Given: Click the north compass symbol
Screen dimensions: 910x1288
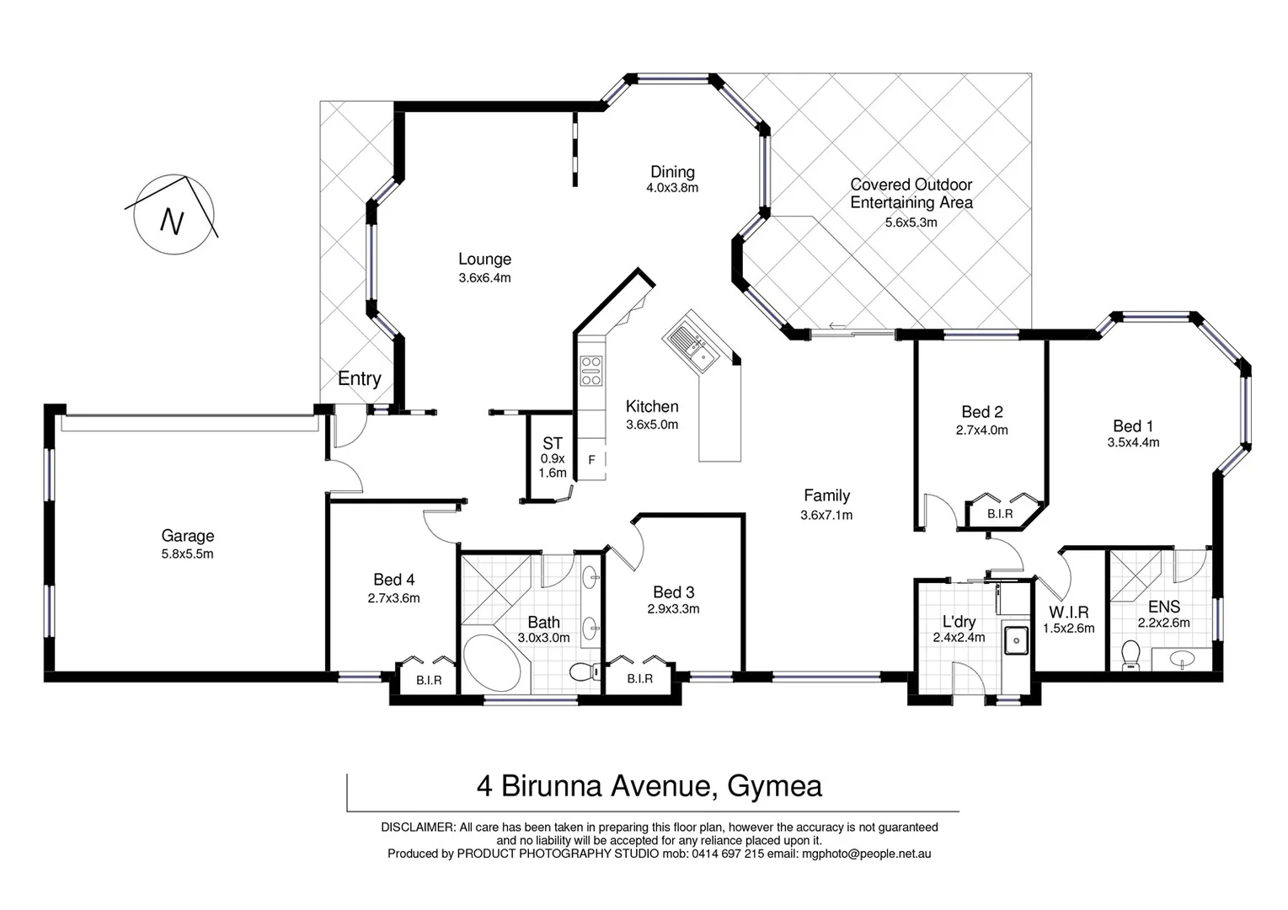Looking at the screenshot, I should [x=174, y=216].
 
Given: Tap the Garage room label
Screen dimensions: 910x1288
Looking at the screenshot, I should [x=187, y=536].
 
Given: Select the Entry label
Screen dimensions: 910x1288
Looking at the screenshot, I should [x=359, y=379].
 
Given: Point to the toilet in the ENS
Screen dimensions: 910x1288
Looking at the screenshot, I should [x=1130, y=655].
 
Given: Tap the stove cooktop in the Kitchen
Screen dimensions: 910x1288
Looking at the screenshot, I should [x=591, y=371].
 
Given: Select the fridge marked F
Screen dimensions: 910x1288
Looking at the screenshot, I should [x=592, y=460].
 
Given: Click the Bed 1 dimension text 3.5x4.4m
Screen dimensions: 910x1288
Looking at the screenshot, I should [x=1133, y=442].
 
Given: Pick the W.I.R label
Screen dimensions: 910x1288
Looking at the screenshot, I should [x=1069, y=613].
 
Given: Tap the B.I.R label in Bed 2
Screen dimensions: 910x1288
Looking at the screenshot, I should [x=1000, y=514].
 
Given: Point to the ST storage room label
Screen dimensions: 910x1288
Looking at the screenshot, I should [x=553, y=443].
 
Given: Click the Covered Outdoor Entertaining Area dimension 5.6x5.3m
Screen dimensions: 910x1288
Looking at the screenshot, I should [x=911, y=222].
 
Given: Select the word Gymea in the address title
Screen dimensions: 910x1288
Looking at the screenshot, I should [x=774, y=786].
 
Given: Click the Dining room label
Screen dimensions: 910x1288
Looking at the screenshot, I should [x=672, y=172].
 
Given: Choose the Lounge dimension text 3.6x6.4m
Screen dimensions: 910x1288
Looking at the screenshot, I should [x=484, y=277].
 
